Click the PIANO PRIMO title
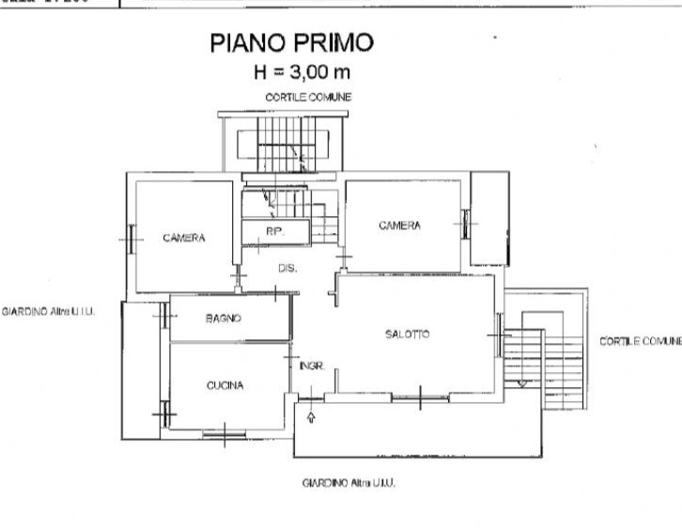point(291,42)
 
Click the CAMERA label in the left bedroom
point(183,239)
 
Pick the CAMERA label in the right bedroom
point(399,225)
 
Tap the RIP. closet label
point(273,231)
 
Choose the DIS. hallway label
point(287,268)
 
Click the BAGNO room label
point(224,318)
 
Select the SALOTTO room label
point(408,334)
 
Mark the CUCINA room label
point(225,385)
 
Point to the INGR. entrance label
point(312,366)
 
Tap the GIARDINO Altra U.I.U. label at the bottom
point(349,482)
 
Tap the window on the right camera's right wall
point(465,223)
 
